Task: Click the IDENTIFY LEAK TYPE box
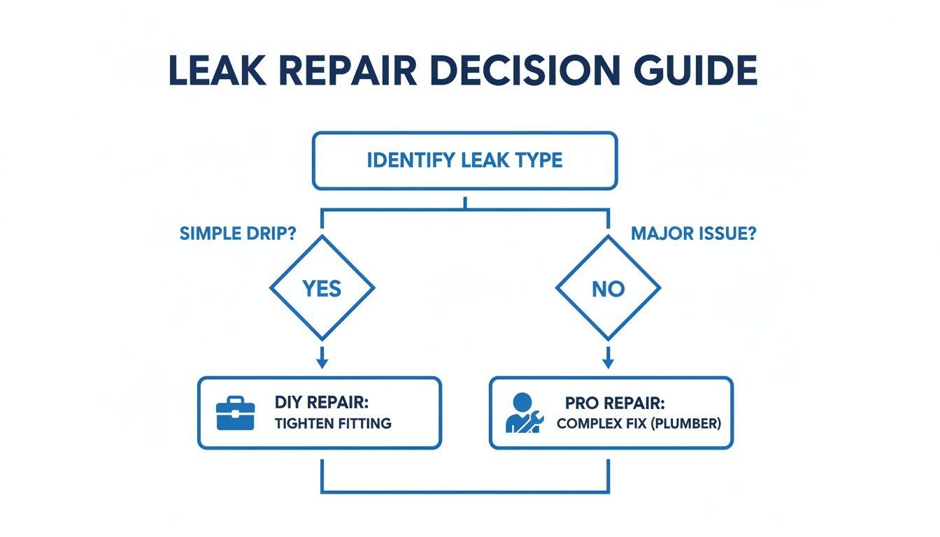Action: (464, 161)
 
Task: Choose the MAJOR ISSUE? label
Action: (693, 234)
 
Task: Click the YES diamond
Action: (322, 288)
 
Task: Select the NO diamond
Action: (607, 288)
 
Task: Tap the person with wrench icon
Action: (522, 413)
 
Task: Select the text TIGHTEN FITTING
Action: (333, 423)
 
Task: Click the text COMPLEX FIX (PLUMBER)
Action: (639, 424)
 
